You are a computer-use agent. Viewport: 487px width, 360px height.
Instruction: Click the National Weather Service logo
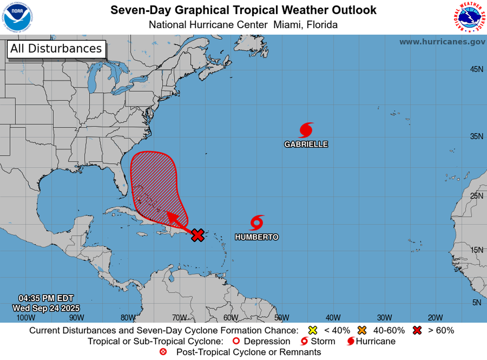(469, 17)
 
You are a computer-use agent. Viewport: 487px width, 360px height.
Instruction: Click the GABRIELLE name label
(306, 145)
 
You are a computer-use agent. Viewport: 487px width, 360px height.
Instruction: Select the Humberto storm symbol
(256, 222)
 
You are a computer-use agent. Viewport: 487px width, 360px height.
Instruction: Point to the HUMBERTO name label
(256, 237)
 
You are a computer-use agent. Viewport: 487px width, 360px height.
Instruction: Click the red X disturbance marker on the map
(197, 235)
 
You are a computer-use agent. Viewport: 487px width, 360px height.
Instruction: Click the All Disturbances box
(56, 49)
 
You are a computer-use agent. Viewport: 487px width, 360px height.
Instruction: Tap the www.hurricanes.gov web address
(442, 42)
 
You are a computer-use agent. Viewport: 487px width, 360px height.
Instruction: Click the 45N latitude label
(476, 69)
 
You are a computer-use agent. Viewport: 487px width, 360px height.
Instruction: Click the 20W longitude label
(435, 317)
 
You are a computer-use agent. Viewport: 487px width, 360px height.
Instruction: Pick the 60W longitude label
(230, 317)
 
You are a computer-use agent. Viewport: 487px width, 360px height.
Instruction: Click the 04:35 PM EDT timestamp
(46, 298)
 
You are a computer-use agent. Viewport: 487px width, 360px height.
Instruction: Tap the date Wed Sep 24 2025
(46, 308)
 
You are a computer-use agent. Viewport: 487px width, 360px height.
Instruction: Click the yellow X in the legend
(312, 330)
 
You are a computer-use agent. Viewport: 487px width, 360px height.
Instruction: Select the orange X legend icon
(363, 330)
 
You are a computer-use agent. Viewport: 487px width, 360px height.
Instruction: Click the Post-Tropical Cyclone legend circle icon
(163, 352)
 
